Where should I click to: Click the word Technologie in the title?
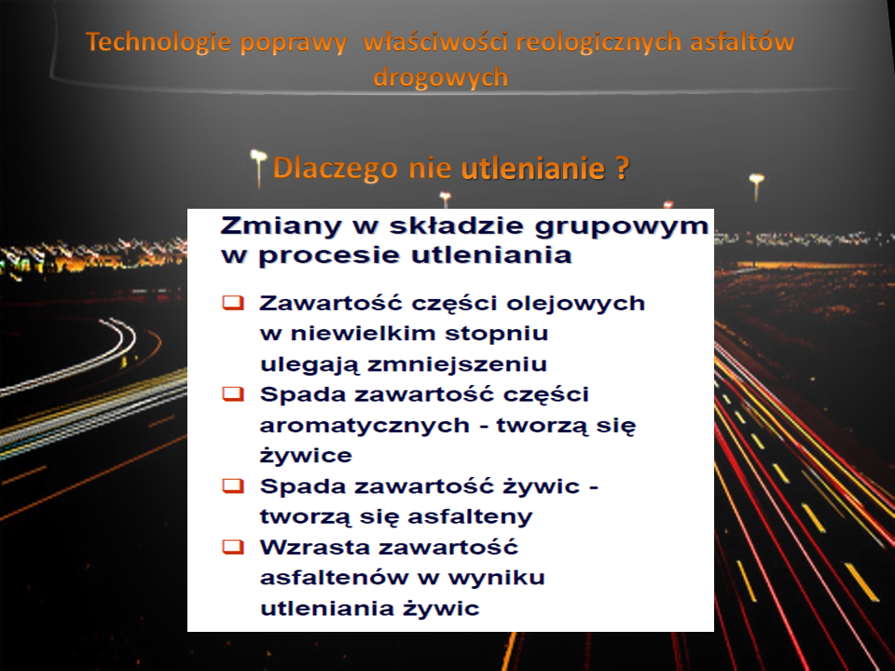click(158, 43)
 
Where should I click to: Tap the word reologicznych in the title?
click(599, 43)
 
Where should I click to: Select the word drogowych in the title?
click(441, 77)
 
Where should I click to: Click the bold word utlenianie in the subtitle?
click(532, 168)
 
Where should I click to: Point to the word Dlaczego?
click(335, 169)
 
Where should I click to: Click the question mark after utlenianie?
click(622, 169)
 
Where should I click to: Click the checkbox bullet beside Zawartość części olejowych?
click(233, 302)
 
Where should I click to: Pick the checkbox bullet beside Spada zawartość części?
click(233, 393)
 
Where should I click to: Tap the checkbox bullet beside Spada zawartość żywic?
click(233, 486)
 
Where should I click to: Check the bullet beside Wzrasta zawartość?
click(233, 547)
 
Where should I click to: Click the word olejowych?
click(575, 304)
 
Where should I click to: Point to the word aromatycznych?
click(365, 426)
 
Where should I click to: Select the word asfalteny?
click(470, 516)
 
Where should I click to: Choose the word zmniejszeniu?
click(457, 364)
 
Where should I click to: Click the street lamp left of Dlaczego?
click(258, 168)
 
